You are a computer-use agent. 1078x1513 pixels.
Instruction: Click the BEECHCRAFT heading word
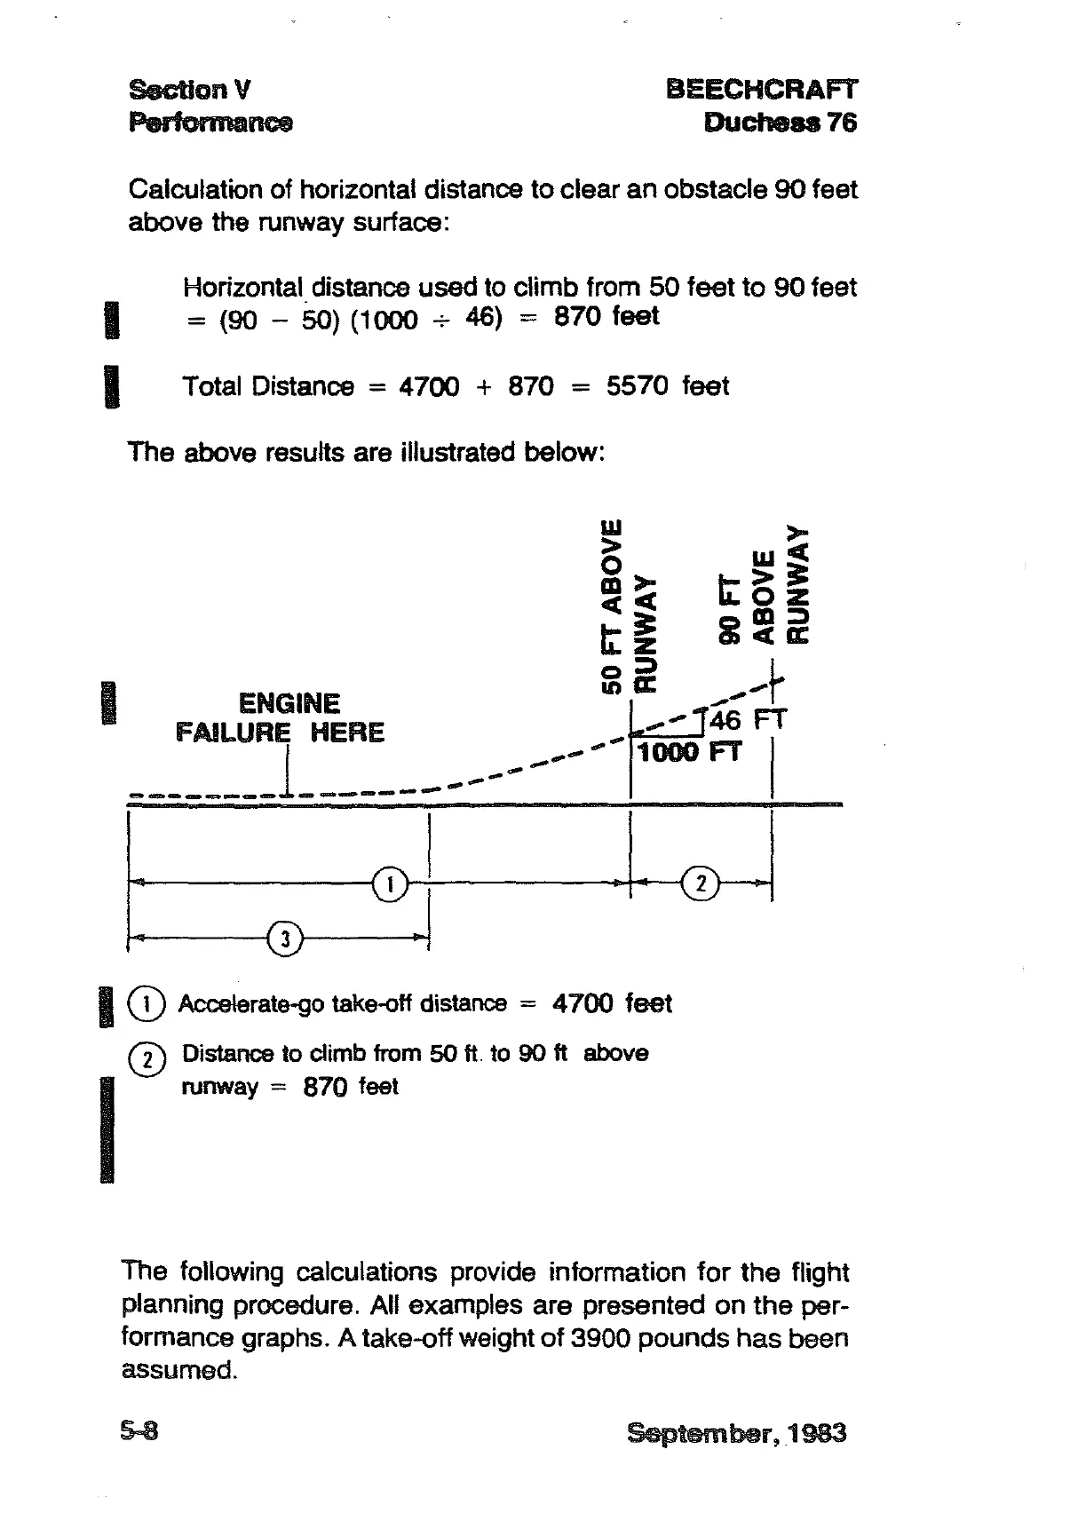(x=761, y=90)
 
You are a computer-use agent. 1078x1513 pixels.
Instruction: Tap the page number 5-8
(x=139, y=1431)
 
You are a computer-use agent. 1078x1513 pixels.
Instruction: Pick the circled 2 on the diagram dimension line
(x=701, y=884)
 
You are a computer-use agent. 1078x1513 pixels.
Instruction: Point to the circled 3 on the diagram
(x=284, y=938)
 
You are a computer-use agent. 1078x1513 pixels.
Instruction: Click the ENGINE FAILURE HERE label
(x=281, y=718)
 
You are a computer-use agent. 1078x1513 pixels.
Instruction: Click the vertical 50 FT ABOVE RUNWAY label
(x=628, y=604)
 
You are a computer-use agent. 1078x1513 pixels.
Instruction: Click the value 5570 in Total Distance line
(x=637, y=386)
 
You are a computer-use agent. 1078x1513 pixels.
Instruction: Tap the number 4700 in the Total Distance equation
(x=430, y=386)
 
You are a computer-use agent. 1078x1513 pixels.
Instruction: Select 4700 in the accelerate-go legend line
(x=583, y=1003)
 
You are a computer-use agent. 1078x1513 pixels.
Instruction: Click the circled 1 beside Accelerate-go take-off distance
(x=147, y=1003)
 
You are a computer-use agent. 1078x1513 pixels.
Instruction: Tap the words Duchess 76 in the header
(x=781, y=122)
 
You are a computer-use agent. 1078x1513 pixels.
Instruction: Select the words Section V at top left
(x=189, y=90)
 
